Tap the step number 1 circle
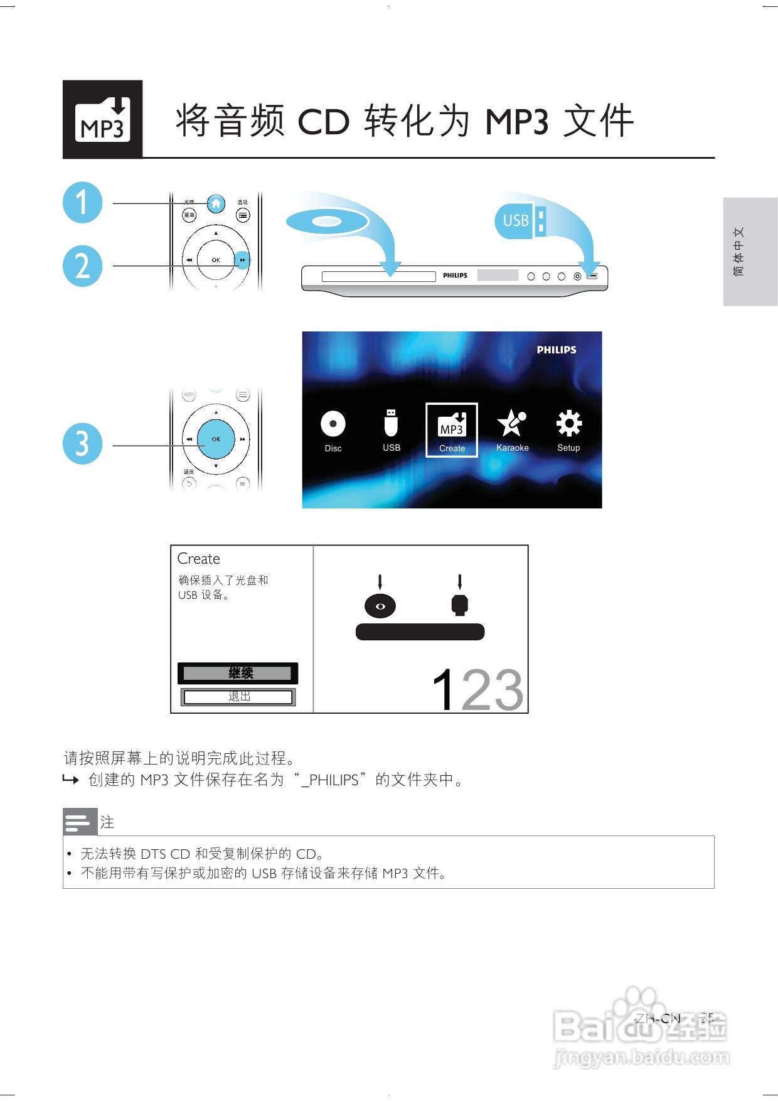(82, 202)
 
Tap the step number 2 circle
(82, 266)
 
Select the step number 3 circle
(82, 444)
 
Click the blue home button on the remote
(216, 203)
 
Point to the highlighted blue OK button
(216, 439)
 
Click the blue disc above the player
(327, 222)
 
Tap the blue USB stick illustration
(520, 220)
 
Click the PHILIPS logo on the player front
(455, 276)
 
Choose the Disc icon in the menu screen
(333, 424)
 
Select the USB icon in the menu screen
(391, 423)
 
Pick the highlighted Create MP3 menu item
(452, 430)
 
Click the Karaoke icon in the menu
(512, 423)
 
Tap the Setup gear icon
(568, 423)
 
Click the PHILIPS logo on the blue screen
(556, 350)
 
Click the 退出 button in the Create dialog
(238, 697)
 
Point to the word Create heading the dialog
(198, 559)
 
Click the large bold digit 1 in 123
(444, 690)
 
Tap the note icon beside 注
(80, 822)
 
